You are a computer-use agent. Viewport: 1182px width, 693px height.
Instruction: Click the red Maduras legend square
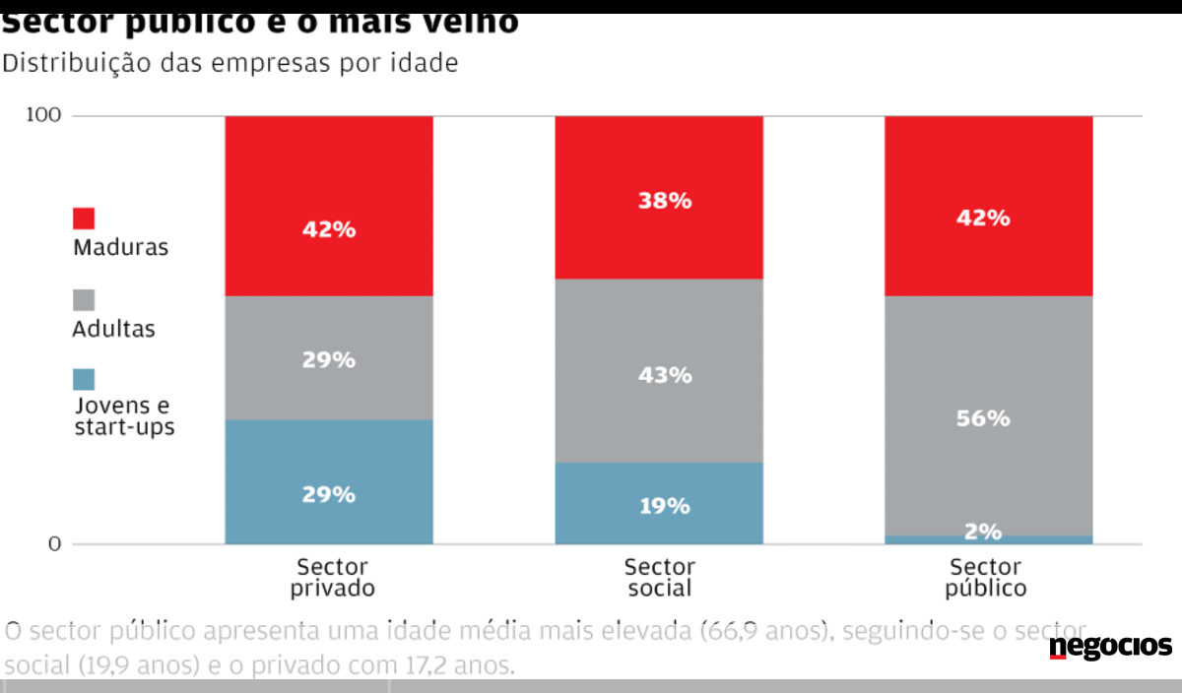[84, 219]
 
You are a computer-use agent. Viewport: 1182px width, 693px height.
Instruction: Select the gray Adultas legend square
[84, 299]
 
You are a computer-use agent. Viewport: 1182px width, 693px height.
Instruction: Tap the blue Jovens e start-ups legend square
[84, 379]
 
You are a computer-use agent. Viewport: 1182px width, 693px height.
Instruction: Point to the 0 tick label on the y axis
[54, 544]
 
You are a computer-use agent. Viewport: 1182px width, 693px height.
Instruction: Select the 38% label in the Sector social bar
[659, 201]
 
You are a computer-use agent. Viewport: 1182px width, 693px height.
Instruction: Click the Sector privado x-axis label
[332, 578]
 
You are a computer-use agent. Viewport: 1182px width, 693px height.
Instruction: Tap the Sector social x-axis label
[659, 578]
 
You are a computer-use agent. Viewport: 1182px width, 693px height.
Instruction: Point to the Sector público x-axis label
[986, 578]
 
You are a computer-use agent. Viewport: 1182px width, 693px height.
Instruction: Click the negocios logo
[1110, 647]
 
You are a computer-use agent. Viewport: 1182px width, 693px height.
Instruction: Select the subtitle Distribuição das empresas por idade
[231, 64]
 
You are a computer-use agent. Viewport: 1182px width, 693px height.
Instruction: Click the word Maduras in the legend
[120, 247]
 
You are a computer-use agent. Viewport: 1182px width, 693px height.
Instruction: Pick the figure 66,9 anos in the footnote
[763, 631]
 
